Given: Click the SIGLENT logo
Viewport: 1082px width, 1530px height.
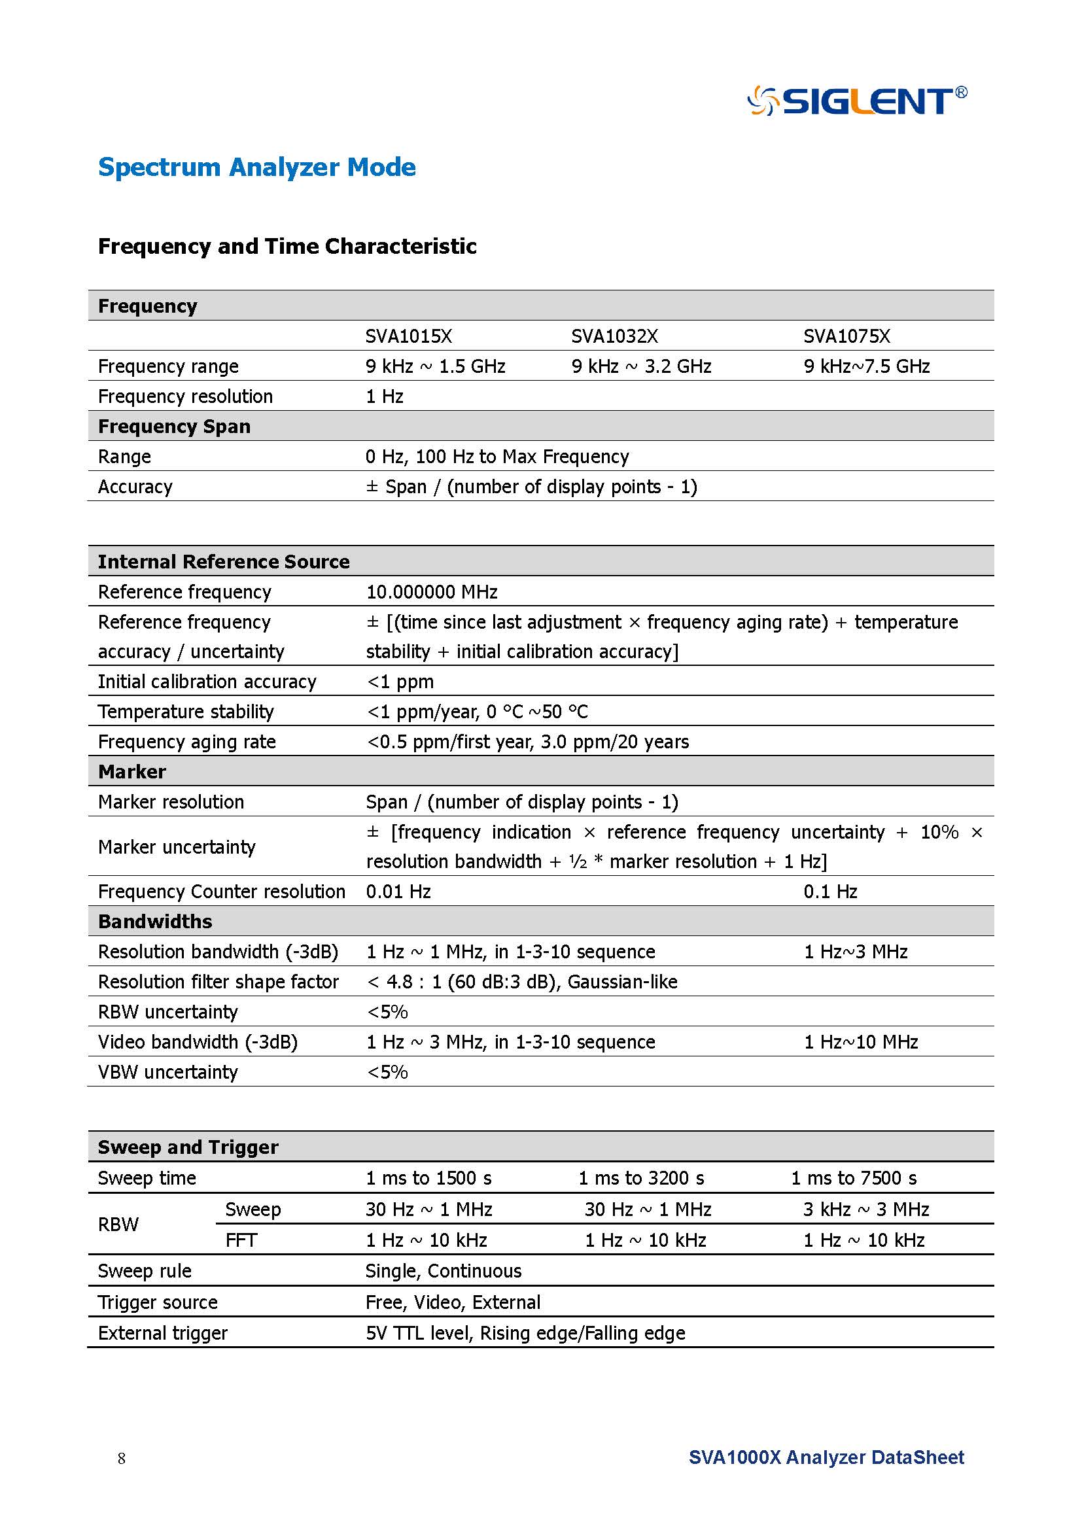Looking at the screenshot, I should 858,101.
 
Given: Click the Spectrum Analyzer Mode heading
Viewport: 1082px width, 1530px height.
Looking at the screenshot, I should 256,167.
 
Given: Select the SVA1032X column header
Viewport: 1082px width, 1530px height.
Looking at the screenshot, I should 614,336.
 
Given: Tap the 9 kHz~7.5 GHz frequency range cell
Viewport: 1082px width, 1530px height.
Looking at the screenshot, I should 866,366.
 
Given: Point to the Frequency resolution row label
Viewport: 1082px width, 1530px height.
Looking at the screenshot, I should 185,396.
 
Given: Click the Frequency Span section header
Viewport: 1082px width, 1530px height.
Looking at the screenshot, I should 174,426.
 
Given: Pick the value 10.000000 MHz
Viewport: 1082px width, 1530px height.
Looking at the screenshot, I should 432,592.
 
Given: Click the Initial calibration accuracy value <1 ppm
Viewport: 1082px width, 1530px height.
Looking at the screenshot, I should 400,682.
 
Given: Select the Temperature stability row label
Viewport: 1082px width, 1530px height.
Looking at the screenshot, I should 186,712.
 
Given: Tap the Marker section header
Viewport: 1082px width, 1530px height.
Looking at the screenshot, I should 132,772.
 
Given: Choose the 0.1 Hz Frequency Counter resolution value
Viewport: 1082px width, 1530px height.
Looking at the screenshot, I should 830,892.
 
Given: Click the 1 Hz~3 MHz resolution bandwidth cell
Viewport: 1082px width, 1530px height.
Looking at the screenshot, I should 856,952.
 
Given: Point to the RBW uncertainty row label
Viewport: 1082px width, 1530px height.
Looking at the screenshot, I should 168,1011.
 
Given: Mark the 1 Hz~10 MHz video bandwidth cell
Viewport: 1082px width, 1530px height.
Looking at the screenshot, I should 861,1041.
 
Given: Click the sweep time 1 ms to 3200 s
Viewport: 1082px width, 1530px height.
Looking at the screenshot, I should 641,1178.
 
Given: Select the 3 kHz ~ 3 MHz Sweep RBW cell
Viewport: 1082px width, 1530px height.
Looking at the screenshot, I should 866,1209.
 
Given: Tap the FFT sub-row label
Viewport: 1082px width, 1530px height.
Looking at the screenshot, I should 241,1240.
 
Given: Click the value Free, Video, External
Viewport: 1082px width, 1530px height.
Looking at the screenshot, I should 453,1302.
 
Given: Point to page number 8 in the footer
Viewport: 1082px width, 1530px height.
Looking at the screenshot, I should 121,1459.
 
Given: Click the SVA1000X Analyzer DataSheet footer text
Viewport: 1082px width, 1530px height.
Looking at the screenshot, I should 826,1457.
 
